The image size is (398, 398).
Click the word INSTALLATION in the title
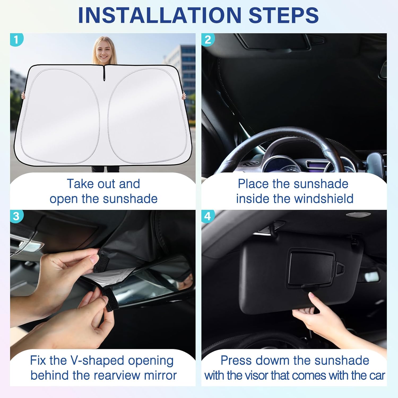pos(160,15)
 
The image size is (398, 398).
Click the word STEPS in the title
pos(284,15)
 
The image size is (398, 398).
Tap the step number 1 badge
pos(16,40)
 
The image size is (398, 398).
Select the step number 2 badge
pos(208,40)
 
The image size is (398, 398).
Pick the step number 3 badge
pos(16,216)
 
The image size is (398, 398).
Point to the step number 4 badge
pos(208,216)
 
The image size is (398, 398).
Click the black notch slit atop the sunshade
pos(104,73)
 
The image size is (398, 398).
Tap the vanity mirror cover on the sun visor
pos(312,268)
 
